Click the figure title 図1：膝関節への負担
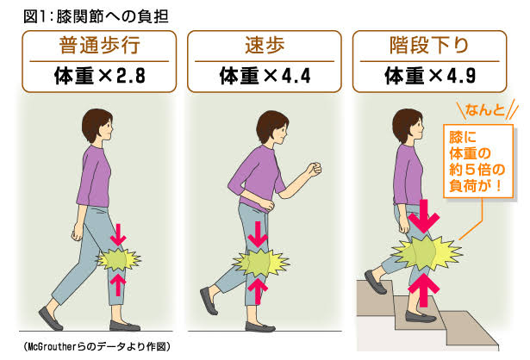pyautogui.click(x=96, y=16)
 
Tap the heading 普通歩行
pyautogui.click(x=99, y=45)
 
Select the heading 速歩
pyautogui.click(x=265, y=45)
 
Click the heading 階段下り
pyautogui.click(x=429, y=45)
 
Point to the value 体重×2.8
pyautogui.click(x=100, y=76)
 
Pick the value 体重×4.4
pyautogui.click(x=265, y=76)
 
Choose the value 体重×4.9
pyautogui.click(x=430, y=76)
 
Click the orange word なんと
pyautogui.click(x=485, y=109)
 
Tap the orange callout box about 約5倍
pyautogui.click(x=478, y=161)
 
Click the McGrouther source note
pyautogui.click(x=97, y=346)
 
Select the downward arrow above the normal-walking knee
pyautogui.click(x=118, y=234)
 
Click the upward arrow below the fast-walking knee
pyautogui.click(x=258, y=291)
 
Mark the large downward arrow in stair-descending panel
pyautogui.click(x=424, y=216)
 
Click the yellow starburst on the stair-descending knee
pyautogui.click(x=427, y=253)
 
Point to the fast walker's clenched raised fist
pyautogui.click(x=314, y=169)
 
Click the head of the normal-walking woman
pyautogui.click(x=97, y=126)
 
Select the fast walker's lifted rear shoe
pyautogui.click(x=209, y=301)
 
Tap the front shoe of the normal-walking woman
pyautogui.click(x=124, y=326)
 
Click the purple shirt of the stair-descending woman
pyautogui.click(x=408, y=175)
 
